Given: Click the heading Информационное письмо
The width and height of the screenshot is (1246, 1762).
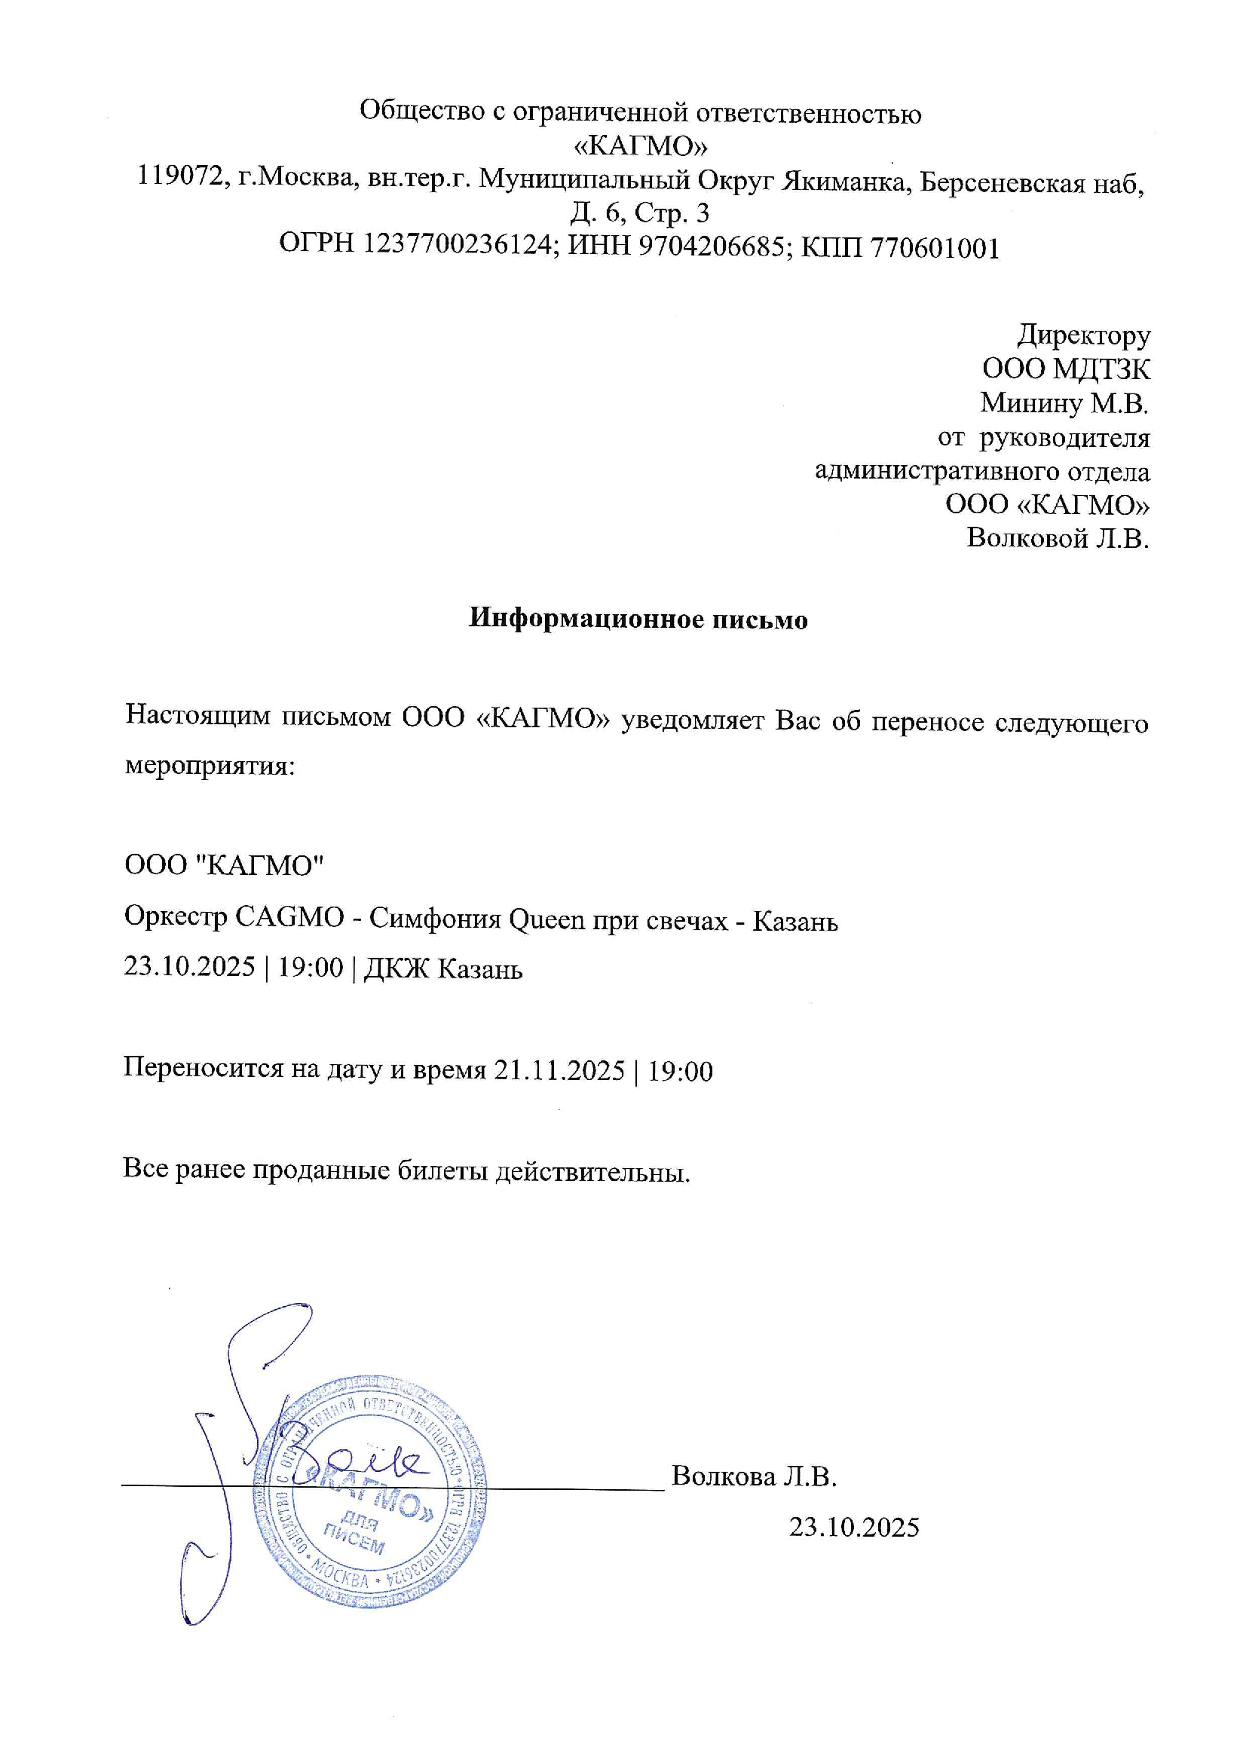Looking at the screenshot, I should click(x=638, y=619).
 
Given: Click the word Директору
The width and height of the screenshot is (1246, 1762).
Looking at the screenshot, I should click(x=1084, y=335).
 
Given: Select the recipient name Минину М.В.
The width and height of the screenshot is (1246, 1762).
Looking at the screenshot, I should click(x=1064, y=403).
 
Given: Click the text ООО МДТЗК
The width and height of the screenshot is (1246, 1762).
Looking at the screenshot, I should click(x=1067, y=369).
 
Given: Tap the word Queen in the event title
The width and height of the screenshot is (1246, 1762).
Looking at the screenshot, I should click(x=546, y=919).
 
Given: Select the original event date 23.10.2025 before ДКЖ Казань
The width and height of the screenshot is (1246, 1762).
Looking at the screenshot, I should click(x=189, y=967).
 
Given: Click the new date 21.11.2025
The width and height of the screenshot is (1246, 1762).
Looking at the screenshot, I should click(x=559, y=1071).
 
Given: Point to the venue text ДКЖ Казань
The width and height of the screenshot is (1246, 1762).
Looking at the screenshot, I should click(x=443, y=969).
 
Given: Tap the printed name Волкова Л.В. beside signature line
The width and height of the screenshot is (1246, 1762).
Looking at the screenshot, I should click(x=754, y=1476).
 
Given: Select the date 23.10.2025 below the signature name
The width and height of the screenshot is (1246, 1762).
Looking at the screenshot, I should click(x=854, y=1527).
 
